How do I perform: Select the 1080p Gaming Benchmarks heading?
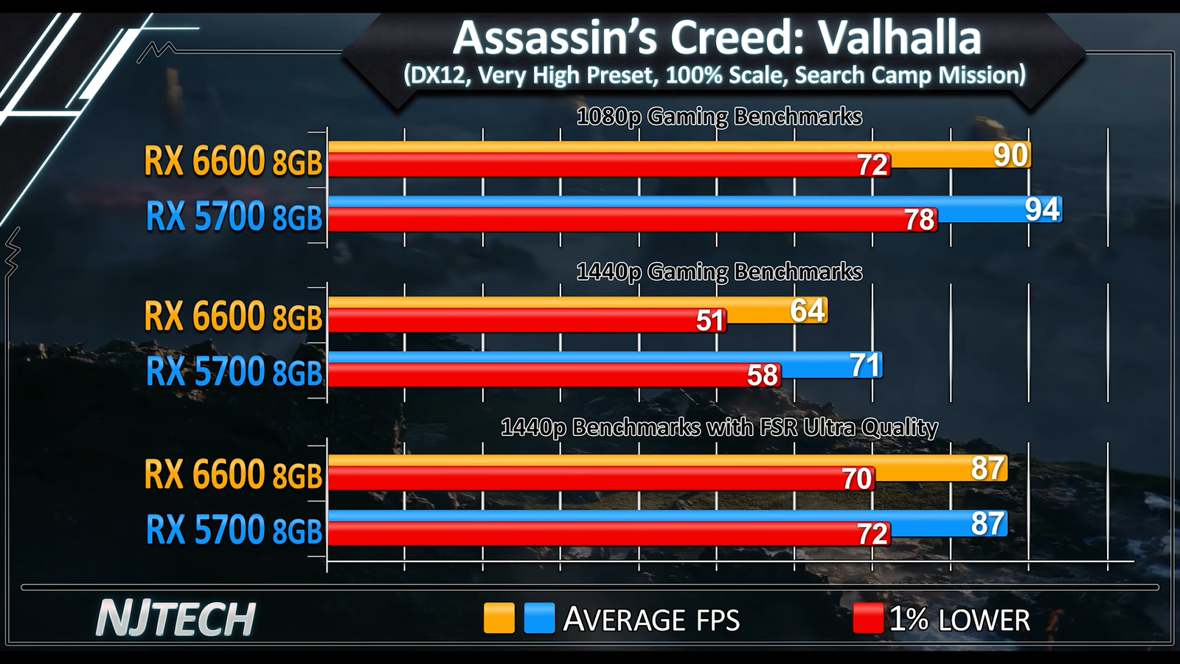tap(719, 117)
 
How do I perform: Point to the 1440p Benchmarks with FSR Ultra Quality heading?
tap(719, 427)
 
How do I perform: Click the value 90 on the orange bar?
tap(1010, 155)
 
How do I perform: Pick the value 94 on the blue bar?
tap(1042, 210)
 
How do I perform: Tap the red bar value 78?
tap(920, 219)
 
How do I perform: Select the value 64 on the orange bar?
tap(808, 311)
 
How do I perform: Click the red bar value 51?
tap(710, 321)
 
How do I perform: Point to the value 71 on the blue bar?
tap(864, 365)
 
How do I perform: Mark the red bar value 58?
tap(763, 376)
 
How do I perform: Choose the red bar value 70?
tap(857, 479)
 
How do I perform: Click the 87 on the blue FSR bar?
tap(988, 523)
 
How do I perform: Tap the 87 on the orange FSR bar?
tap(988, 468)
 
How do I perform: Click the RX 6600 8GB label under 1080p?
tap(233, 161)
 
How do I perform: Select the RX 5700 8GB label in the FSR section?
tap(234, 530)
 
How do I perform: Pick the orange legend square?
tap(499, 618)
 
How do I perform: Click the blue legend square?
tap(539, 618)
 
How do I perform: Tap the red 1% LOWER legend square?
tap(867, 618)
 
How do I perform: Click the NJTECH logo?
tap(176, 618)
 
